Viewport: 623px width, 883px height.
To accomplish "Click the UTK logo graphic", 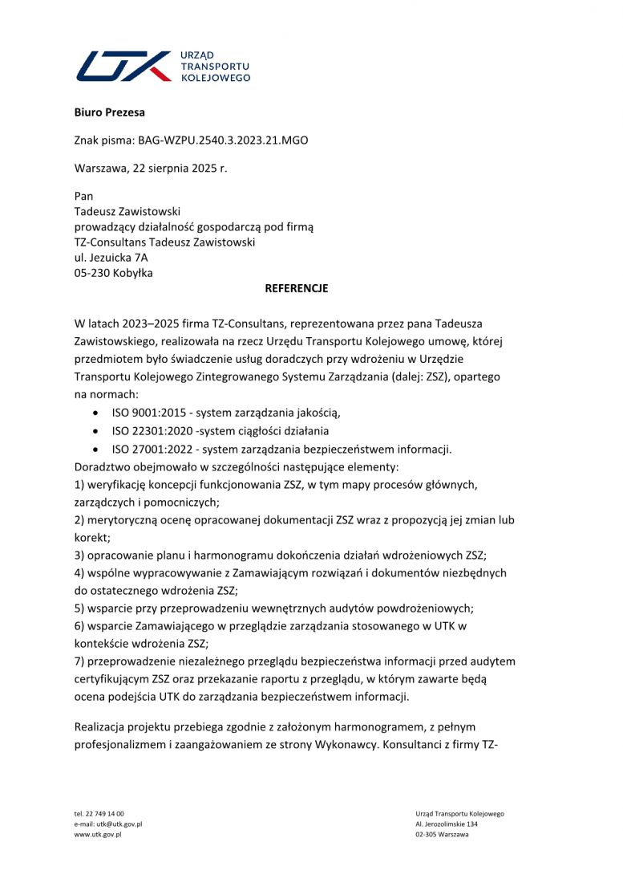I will pyautogui.click(x=124, y=66).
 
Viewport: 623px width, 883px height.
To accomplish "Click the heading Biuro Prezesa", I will pyautogui.click(x=109, y=112).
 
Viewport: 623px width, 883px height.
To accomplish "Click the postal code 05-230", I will pyautogui.click(x=91, y=272).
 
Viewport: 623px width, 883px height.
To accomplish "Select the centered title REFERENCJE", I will pyautogui.click(x=296, y=288).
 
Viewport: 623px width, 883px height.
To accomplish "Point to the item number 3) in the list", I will pyautogui.click(x=79, y=555).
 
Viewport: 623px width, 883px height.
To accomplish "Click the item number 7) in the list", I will pyautogui.click(x=79, y=661).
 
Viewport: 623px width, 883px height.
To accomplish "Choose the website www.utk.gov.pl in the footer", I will pyautogui.click(x=97, y=835).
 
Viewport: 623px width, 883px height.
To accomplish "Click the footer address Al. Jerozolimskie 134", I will pyautogui.click(x=447, y=824).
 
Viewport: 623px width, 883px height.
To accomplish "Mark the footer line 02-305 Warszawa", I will pyautogui.click(x=442, y=835).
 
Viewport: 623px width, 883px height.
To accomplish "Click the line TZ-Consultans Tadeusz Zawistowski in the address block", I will pyautogui.click(x=164, y=242).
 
